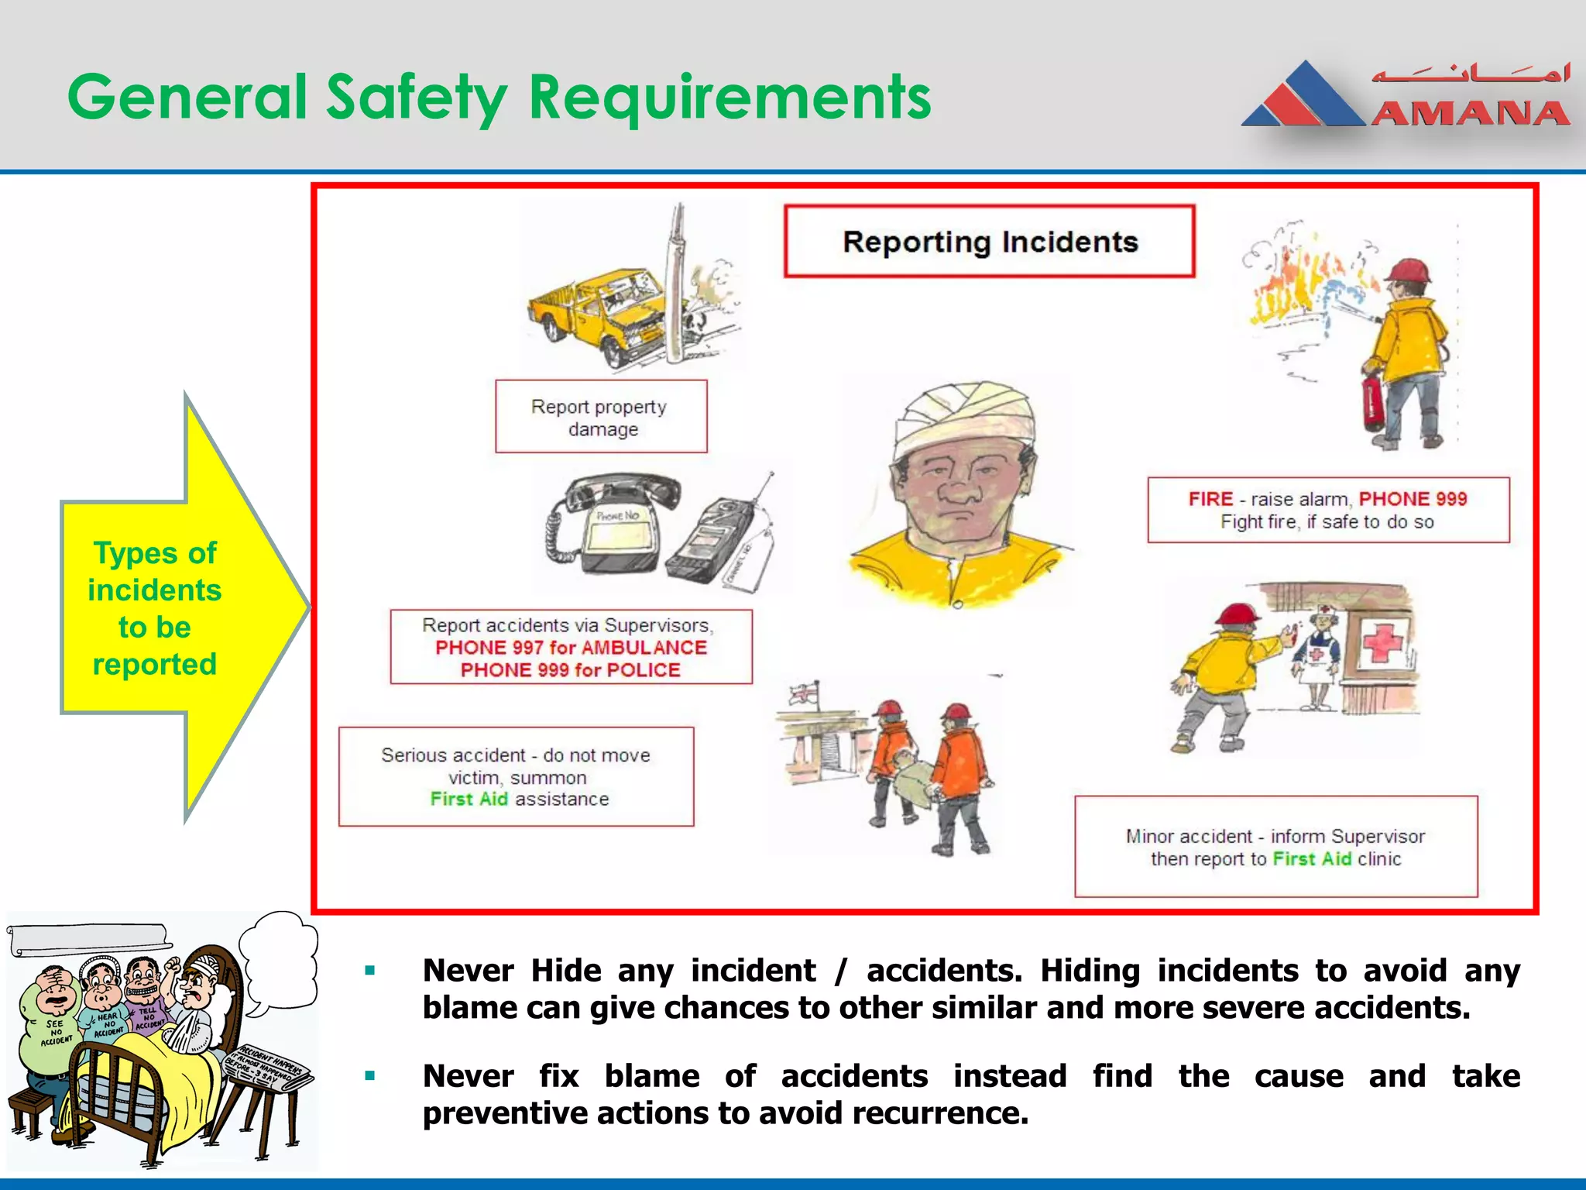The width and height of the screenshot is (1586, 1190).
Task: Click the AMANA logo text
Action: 1470,115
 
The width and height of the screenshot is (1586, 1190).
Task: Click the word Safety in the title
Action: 416,98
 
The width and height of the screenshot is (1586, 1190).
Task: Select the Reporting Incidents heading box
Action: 989,242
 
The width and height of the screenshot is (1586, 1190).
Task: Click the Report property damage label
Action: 600,417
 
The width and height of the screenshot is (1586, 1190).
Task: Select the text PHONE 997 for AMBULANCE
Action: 571,648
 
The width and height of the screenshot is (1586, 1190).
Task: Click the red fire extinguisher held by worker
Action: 1372,401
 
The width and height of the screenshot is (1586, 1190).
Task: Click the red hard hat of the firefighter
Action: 1409,271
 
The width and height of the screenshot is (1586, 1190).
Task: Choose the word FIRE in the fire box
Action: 1210,499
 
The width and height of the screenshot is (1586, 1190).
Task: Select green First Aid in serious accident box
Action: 469,800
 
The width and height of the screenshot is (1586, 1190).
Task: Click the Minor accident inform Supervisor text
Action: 1275,837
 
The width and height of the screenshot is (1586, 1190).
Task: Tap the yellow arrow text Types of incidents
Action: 155,572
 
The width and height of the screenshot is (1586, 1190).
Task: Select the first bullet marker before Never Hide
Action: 370,971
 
